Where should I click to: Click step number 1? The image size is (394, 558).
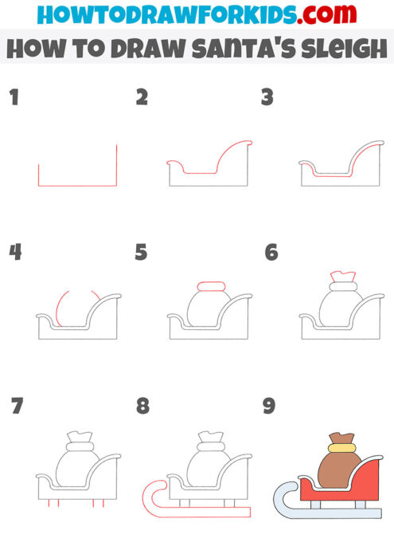[x=14, y=98]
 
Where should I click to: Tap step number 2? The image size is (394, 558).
[x=142, y=98]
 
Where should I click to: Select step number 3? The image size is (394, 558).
[x=267, y=98]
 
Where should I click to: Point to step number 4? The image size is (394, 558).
[x=15, y=253]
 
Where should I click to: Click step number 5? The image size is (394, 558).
[x=142, y=253]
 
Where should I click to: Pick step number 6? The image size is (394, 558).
[x=271, y=253]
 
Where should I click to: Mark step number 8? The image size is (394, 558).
[x=142, y=407]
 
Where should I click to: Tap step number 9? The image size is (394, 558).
[x=269, y=407]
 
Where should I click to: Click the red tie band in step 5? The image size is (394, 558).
[x=212, y=285]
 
